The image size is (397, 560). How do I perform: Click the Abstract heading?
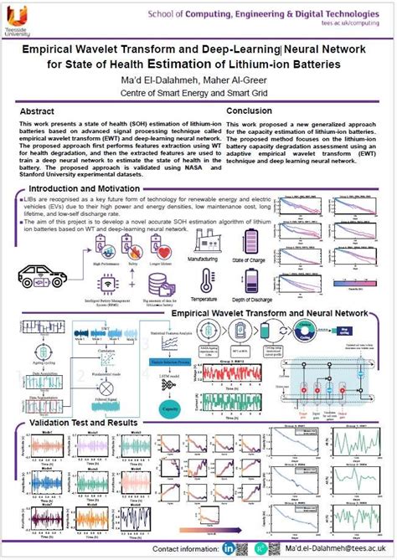(43, 111)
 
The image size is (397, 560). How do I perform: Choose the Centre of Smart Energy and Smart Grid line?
(198, 93)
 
